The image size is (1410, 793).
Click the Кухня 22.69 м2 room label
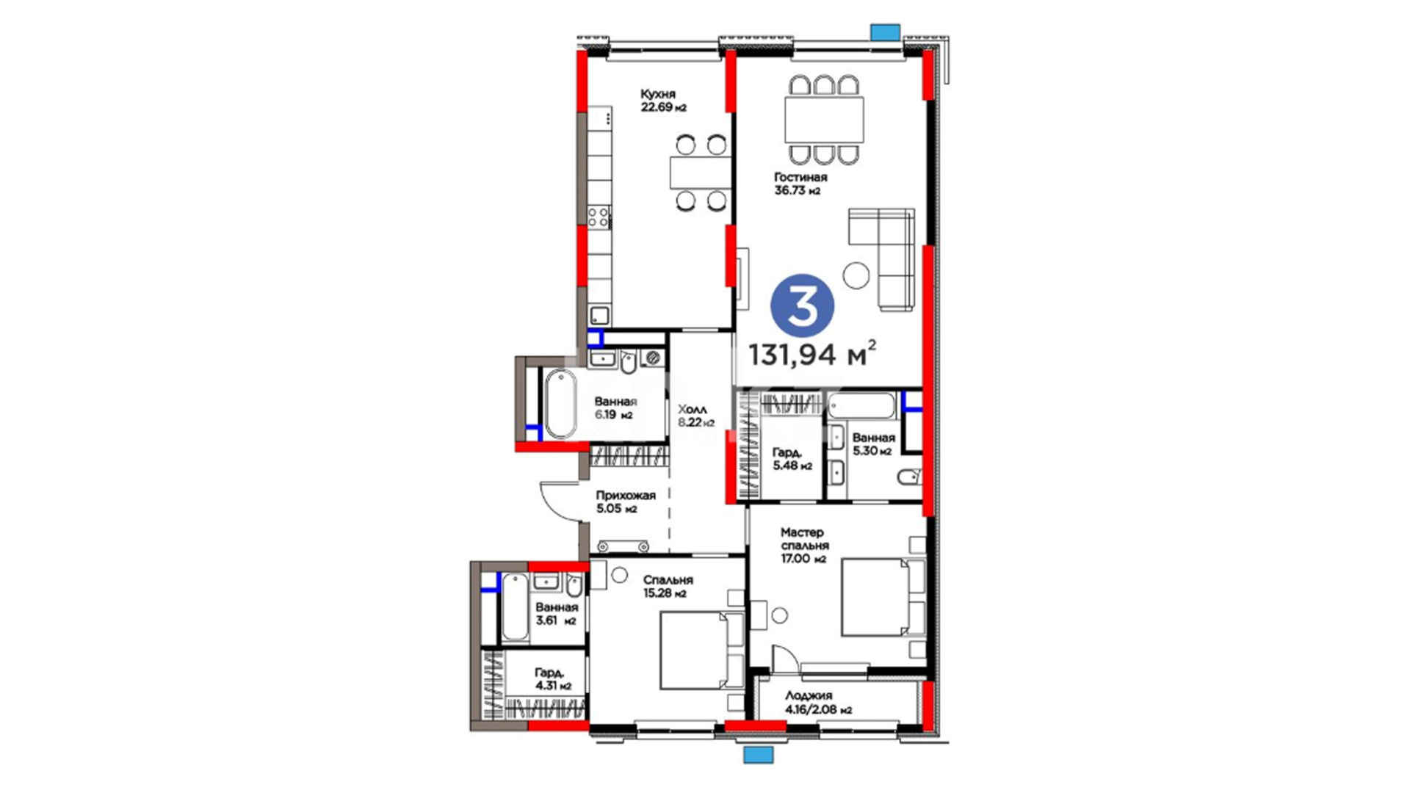tap(663, 101)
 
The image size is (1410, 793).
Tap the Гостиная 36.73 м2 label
tap(800, 184)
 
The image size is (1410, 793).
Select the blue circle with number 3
tap(802, 306)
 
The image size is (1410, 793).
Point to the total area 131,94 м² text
tap(811, 354)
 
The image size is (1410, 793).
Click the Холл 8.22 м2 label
tap(695, 416)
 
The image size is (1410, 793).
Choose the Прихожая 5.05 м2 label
tap(625, 501)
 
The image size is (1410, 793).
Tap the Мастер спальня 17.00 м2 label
tap(804, 545)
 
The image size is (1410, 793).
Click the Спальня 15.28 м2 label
tap(668, 586)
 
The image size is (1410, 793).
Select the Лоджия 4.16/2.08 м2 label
tap(818, 703)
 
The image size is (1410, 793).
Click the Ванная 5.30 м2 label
tap(873, 444)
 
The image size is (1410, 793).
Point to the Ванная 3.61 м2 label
tap(556, 614)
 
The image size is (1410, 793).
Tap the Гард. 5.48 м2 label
tap(792, 460)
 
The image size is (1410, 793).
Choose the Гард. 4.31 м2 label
tap(552, 679)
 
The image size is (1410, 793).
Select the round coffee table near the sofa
tap(856, 275)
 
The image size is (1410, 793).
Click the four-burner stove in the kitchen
tap(599, 217)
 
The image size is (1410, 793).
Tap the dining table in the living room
tap(823, 120)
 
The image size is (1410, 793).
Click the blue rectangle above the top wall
tap(885, 32)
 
